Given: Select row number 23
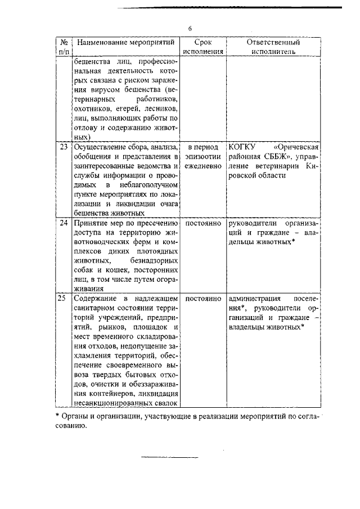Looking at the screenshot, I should tap(64, 148).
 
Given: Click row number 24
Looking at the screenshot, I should tap(64, 223).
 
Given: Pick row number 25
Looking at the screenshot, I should tap(64, 298).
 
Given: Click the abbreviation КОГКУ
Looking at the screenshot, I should tap(244, 148).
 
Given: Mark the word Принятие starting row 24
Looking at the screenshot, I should tap(91, 223).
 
